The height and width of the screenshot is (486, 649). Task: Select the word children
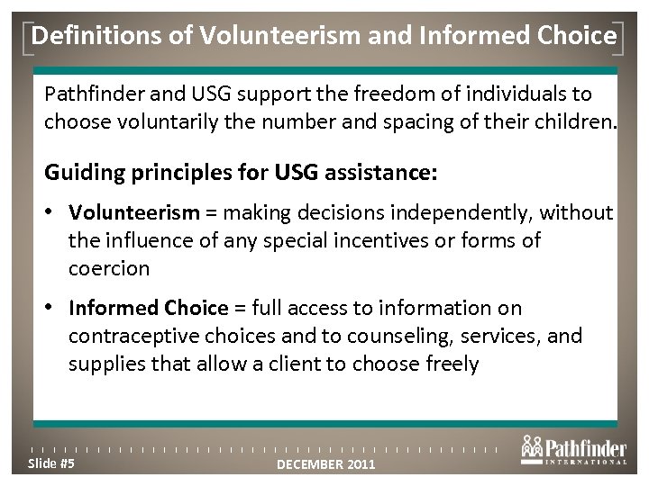tap(567, 121)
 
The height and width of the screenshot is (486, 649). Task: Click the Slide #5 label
tap(52, 463)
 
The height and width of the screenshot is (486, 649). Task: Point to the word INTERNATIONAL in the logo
tap(587, 463)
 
